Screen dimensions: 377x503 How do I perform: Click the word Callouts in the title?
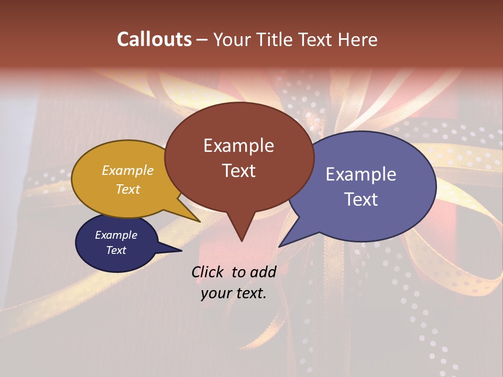(x=154, y=39)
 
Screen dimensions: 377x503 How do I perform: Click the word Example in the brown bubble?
(x=238, y=146)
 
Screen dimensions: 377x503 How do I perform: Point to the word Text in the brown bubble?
(x=238, y=171)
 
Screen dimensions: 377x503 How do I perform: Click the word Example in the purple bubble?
(x=360, y=174)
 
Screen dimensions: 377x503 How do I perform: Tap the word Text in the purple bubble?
(x=362, y=199)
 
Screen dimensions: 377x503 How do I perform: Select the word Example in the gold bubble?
(x=128, y=170)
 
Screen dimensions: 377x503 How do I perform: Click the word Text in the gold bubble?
(x=128, y=189)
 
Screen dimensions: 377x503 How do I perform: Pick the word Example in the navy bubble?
(x=116, y=235)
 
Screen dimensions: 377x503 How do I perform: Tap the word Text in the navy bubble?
(x=116, y=250)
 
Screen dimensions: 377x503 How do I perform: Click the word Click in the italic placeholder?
(x=209, y=272)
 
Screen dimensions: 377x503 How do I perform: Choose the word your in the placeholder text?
(x=215, y=294)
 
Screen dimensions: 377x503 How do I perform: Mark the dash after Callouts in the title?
(x=202, y=40)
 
